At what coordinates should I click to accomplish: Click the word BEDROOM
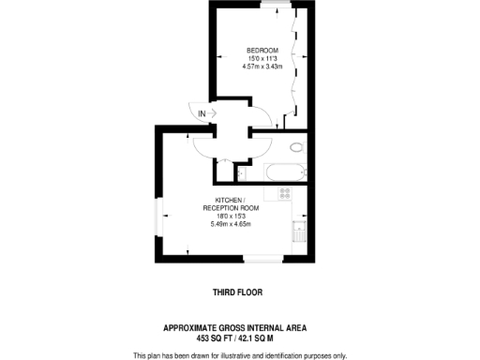(x=262, y=50)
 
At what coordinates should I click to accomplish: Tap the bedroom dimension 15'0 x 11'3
(x=262, y=58)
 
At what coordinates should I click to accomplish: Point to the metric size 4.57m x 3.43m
(x=262, y=67)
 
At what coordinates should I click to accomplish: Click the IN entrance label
(x=201, y=114)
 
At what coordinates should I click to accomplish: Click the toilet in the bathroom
(x=296, y=147)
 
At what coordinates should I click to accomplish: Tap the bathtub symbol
(x=281, y=172)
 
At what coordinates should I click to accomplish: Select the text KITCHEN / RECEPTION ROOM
(x=230, y=204)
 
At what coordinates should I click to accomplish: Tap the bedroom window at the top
(x=274, y=5)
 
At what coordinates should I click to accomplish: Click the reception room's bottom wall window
(x=265, y=255)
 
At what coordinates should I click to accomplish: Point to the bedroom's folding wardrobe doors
(x=296, y=66)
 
